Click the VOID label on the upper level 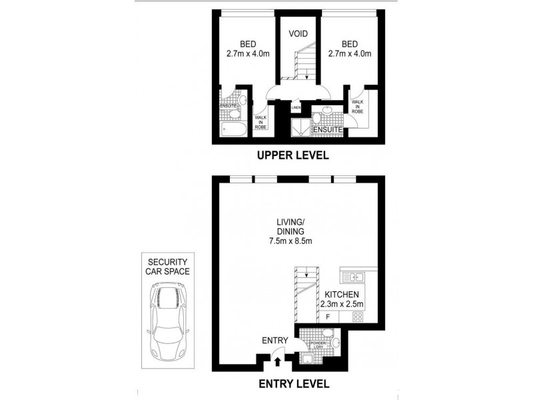click(x=298, y=33)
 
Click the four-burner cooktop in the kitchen click(x=356, y=317)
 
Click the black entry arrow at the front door click(x=278, y=363)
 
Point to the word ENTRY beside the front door click(x=274, y=341)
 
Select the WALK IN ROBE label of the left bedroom click(x=261, y=121)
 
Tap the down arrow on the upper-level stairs click(x=305, y=77)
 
